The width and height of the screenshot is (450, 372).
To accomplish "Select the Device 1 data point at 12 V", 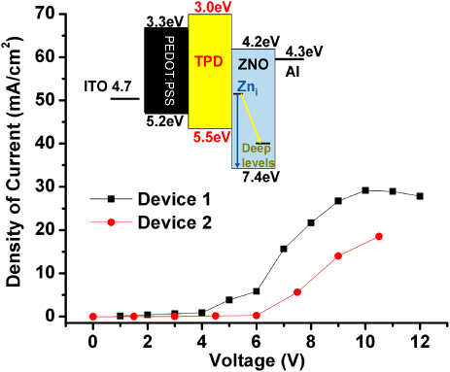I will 420,196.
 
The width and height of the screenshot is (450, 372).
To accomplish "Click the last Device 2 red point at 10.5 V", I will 379,236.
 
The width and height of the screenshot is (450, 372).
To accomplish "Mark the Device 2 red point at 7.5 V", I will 297,292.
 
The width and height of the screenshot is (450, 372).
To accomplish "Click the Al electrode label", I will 294,71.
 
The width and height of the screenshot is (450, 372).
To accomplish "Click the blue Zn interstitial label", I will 247,87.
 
